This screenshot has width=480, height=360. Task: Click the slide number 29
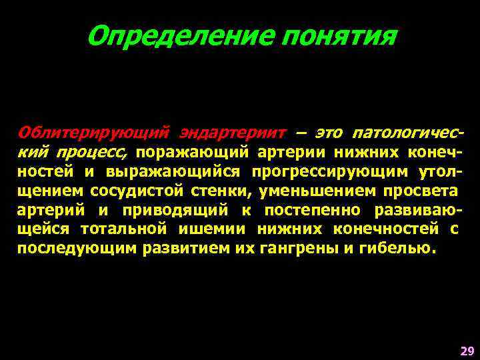467,350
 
